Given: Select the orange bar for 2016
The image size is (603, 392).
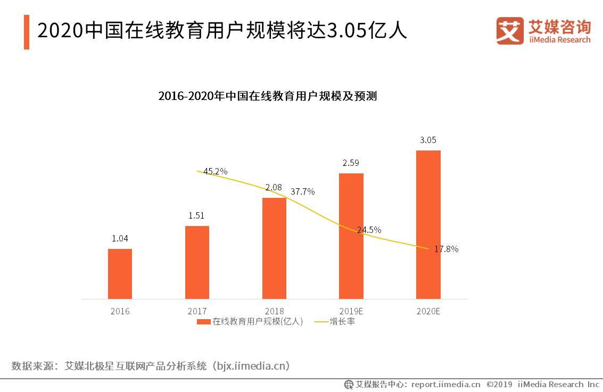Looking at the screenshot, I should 120,273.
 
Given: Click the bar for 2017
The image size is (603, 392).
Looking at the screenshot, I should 197,262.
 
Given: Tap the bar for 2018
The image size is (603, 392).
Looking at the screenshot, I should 274,248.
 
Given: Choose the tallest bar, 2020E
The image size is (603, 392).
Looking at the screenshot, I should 428,224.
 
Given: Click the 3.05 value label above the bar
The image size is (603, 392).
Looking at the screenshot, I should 428,140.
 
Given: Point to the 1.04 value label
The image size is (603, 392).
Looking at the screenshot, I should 120,239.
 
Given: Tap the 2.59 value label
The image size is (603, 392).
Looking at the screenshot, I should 351,163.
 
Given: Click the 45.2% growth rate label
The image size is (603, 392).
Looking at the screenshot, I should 216,171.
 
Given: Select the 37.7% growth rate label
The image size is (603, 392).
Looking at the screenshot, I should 302,191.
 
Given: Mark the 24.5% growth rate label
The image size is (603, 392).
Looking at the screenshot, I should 369,230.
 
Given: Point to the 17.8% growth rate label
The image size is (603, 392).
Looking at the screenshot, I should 446,249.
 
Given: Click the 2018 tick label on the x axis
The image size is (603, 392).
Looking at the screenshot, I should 274,311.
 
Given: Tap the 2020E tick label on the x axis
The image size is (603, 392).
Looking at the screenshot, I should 428,311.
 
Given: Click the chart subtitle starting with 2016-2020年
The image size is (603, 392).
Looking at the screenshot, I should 267,96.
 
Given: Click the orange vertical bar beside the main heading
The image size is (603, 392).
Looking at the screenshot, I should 27,32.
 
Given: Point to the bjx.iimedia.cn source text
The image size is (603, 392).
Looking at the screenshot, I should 250,366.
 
